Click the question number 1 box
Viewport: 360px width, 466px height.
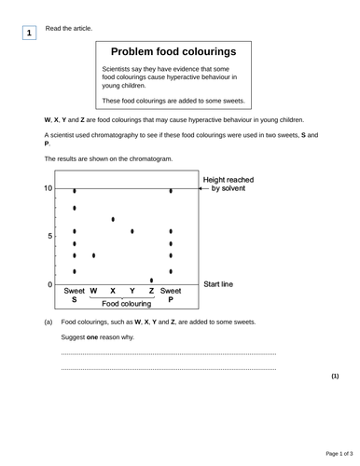[30, 34]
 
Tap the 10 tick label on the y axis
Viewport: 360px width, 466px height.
[48, 189]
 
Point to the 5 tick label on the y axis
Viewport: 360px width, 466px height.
[50, 236]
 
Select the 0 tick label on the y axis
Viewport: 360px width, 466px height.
[50, 283]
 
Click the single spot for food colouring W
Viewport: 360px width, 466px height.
[94, 254]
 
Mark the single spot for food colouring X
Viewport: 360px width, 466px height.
[113, 220]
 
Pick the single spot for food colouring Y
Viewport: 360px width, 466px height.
[132, 231]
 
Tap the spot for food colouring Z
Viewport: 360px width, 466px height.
[151, 280]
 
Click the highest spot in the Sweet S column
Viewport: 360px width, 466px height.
[75, 190]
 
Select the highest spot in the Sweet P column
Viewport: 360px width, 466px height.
[171, 191]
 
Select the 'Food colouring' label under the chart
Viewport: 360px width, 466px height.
[126, 304]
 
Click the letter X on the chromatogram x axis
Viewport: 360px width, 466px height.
[113, 291]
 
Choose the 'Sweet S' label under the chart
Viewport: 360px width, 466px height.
[75, 296]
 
